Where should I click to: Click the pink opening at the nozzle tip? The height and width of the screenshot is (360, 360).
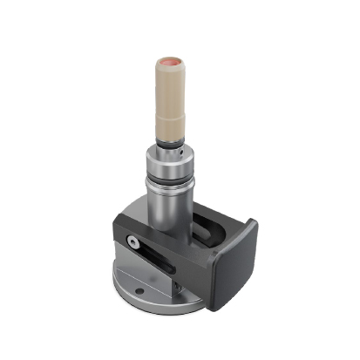coord(167,63)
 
